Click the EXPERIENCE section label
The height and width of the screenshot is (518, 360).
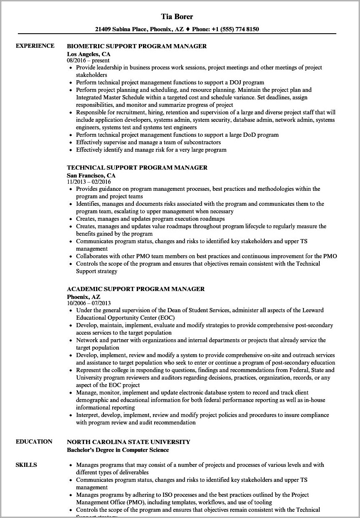(x=35, y=46)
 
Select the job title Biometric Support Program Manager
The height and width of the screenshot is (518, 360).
(x=137, y=46)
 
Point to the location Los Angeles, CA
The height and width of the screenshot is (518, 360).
(x=88, y=54)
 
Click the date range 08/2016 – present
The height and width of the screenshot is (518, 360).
(x=88, y=61)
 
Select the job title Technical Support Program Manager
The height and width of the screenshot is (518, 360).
(x=137, y=168)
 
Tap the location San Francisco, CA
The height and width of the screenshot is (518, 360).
(x=91, y=175)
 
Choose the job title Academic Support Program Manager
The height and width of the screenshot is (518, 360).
(x=136, y=289)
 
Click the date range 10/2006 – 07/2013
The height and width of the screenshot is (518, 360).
(x=89, y=303)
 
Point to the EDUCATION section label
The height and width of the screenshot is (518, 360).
(x=34, y=442)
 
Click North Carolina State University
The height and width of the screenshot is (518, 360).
(x=128, y=442)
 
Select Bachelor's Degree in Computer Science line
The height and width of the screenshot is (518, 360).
(x=118, y=450)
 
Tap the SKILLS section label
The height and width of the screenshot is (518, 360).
(x=26, y=465)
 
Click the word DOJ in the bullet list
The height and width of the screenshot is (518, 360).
(x=232, y=82)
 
